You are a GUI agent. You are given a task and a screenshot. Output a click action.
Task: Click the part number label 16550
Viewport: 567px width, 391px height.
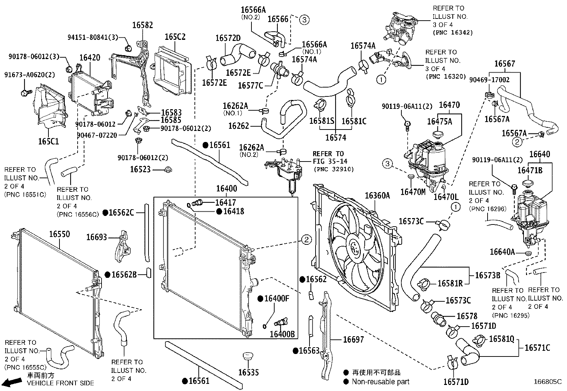[59, 234]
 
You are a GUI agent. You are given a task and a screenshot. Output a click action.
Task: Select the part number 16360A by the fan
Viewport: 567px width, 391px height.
[377, 195]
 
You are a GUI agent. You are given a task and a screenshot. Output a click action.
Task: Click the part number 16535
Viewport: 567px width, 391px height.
[248, 372]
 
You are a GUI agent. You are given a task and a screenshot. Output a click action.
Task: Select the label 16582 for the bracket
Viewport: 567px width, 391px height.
[142, 25]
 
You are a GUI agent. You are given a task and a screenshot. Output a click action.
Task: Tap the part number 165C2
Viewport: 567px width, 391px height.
[175, 37]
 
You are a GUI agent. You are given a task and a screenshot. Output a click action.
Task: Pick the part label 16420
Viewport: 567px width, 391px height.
[89, 58]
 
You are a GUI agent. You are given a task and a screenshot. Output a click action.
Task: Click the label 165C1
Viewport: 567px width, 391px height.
[48, 142]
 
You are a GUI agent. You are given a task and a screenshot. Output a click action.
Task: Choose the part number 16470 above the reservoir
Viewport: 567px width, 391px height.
[449, 105]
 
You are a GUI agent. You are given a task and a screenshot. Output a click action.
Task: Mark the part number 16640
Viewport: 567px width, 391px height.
[540, 154]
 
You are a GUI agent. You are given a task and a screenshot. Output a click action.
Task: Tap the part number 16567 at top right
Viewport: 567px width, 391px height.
[505, 64]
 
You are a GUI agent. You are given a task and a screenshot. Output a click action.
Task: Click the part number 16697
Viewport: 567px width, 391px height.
[353, 340]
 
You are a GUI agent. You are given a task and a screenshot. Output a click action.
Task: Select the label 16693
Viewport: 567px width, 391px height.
[97, 237]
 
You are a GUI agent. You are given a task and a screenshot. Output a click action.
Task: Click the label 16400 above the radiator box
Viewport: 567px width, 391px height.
[227, 188]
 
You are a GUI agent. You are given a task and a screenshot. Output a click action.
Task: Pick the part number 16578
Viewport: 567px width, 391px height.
[467, 316]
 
